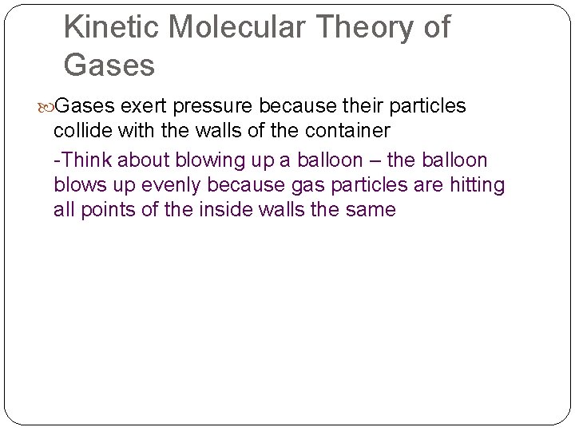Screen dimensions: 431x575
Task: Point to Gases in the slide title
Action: coord(109,65)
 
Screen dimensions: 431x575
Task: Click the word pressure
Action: coord(206,106)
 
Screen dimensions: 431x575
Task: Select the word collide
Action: coord(81,130)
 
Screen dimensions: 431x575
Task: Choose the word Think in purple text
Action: coord(85,160)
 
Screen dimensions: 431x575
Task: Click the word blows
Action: coord(80,185)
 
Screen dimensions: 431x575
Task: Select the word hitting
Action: coord(477,185)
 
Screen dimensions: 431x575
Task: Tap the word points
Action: coord(109,210)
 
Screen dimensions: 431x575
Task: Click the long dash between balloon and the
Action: coord(378,160)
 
